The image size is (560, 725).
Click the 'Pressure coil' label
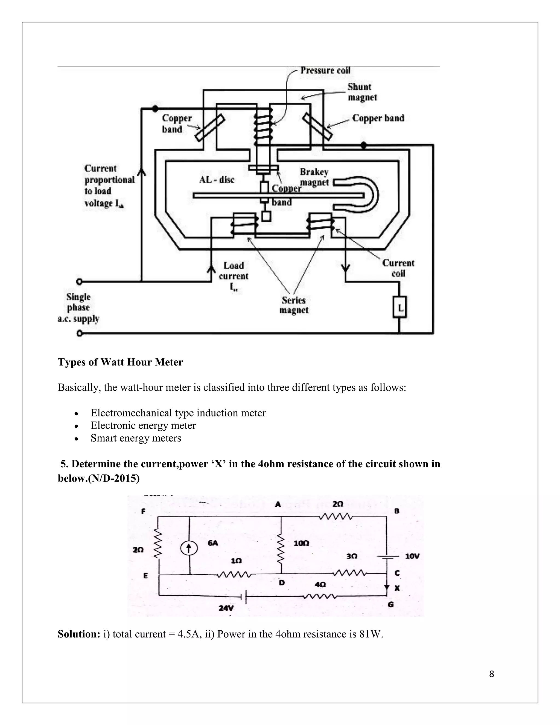click(x=325, y=70)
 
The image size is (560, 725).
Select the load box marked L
click(x=400, y=308)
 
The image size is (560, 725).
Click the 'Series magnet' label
click(x=294, y=305)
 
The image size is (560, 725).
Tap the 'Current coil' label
click(x=398, y=268)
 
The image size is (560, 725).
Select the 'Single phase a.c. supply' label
click(x=78, y=308)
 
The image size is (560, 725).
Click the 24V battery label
click(x=226, y=608)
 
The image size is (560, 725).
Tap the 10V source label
click(x=412, y=556)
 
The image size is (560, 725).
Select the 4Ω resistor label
click(x=320, y=584)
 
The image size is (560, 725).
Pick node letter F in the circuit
click(x=143, y=512)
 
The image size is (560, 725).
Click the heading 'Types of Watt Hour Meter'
click(x=120, y=362)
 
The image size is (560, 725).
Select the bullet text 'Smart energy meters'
click(x=136, y=438)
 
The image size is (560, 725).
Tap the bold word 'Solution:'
click(x=79, y=634)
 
